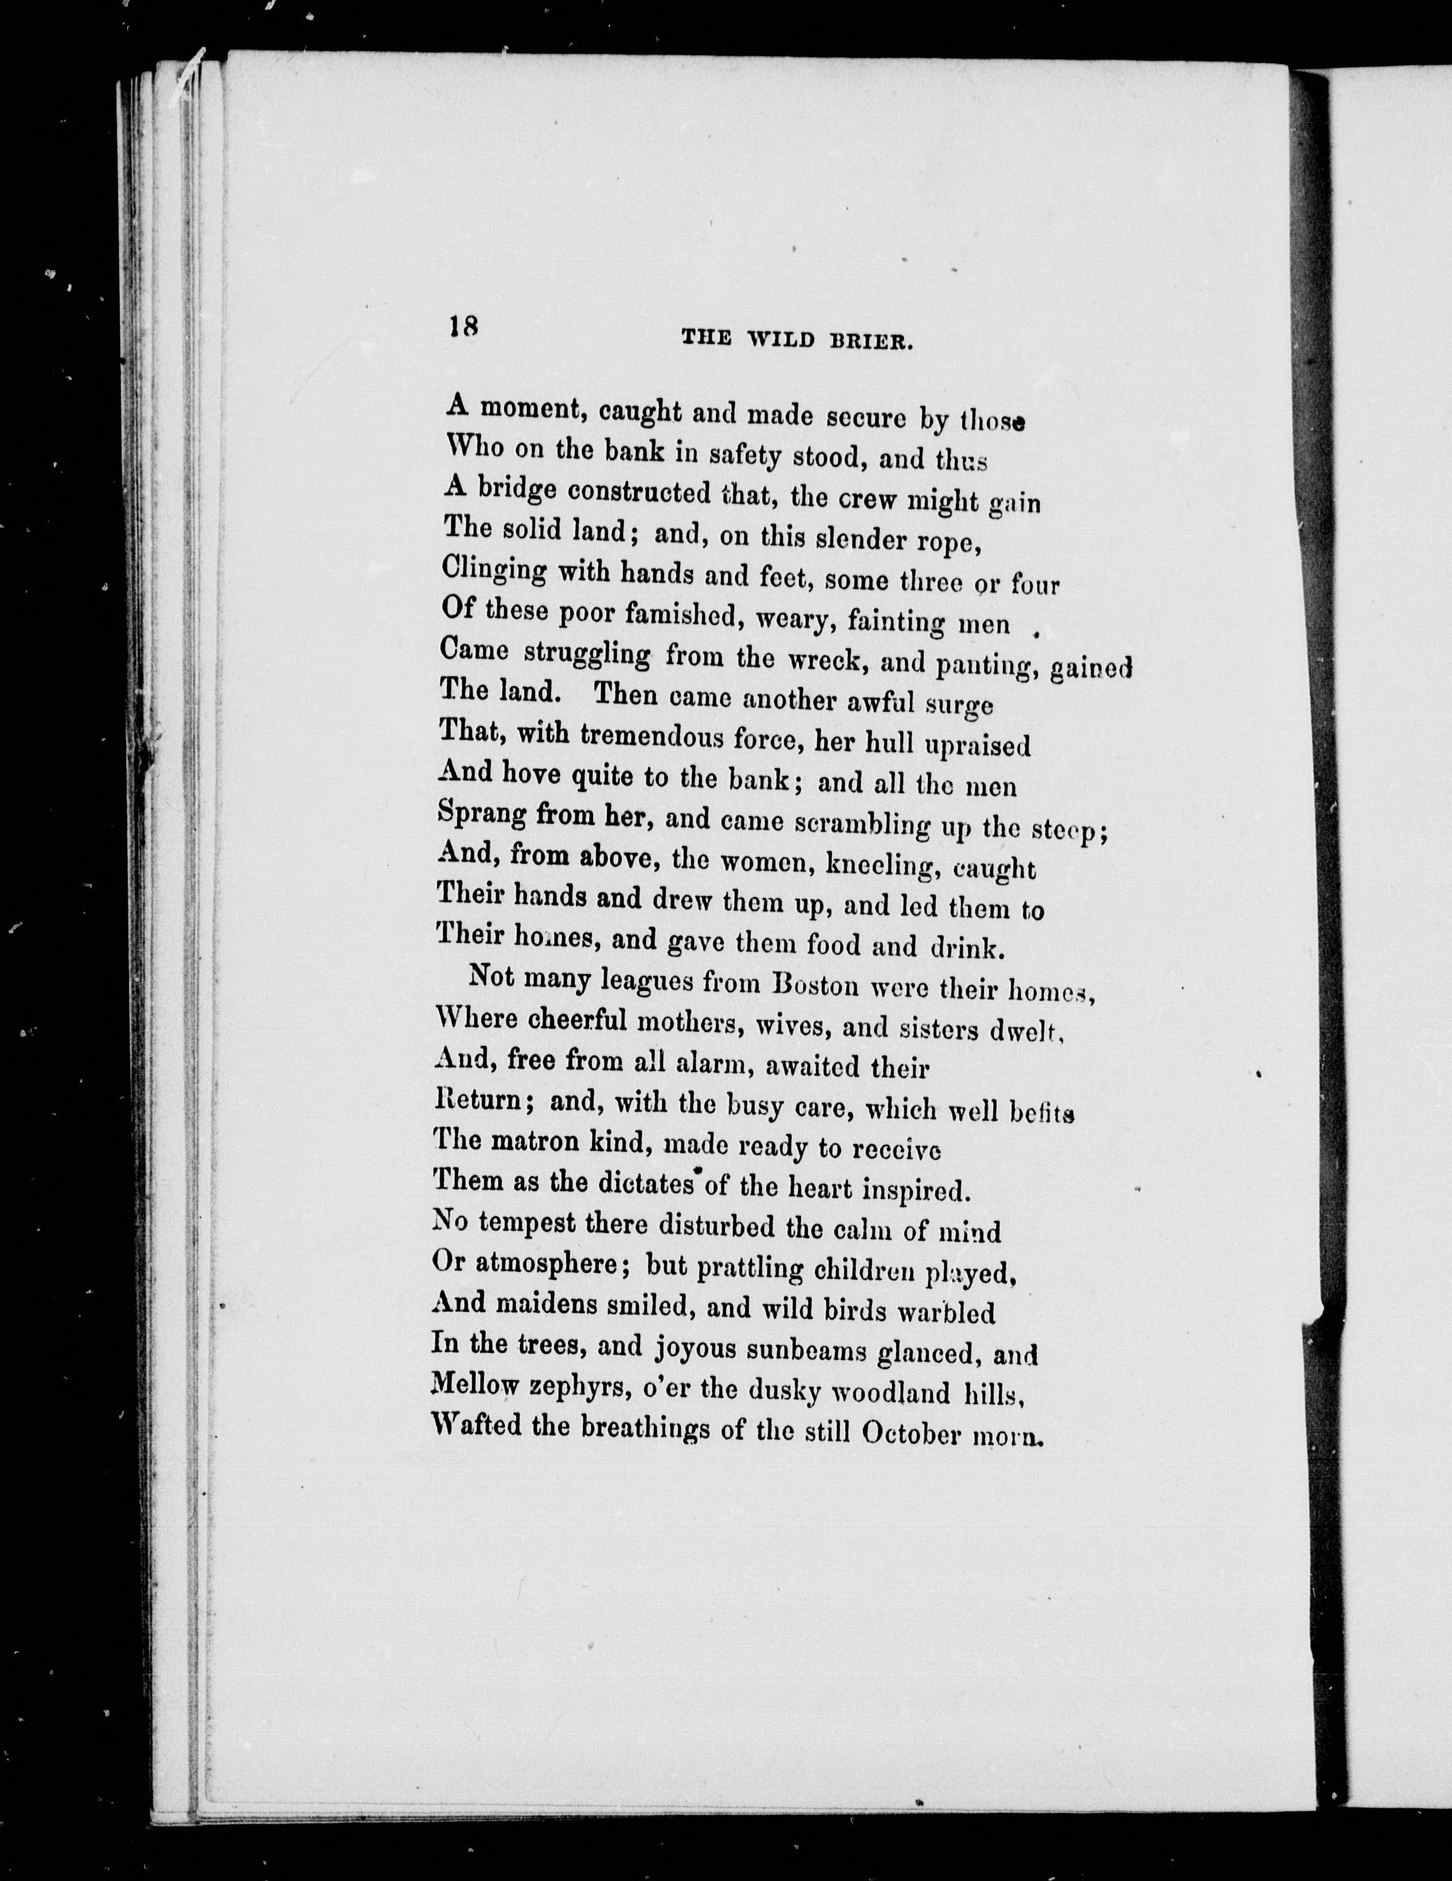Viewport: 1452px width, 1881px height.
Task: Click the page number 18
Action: click(463, 327)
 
